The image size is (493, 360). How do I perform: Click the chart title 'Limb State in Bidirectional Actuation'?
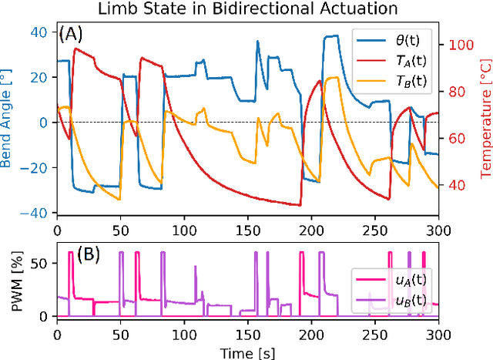coord(247,9)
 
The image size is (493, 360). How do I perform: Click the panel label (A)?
coord(75,35)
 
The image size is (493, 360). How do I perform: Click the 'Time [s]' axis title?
coord(247,352)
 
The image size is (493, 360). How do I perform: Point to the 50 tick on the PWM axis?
coord(43,263)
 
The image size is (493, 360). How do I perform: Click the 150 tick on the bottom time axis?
coord(247,334)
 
